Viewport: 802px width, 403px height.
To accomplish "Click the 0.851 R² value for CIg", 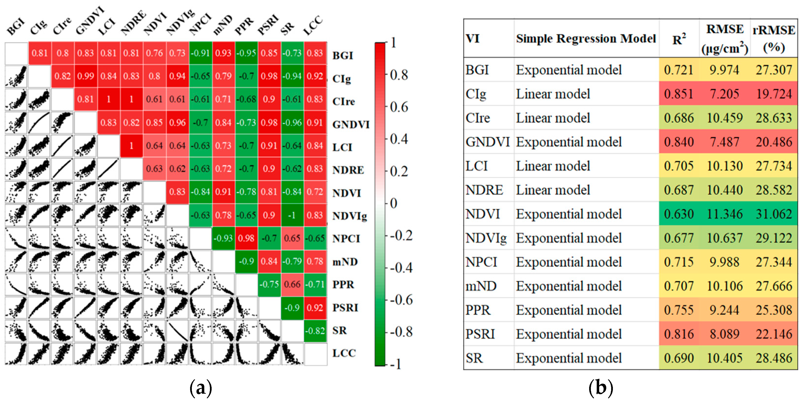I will (678, 94).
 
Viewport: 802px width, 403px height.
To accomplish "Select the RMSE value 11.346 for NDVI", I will (724, 214).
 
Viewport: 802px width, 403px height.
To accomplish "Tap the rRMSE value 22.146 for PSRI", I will (774, 334).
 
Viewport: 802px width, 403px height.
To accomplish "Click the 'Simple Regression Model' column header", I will (586, 39).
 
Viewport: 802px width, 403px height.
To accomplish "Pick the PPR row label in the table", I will (478, 310).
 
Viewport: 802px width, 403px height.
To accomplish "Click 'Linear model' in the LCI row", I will (553, 166).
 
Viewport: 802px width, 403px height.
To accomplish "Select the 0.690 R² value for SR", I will (678, 358).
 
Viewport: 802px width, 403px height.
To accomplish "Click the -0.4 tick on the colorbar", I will (401, 268).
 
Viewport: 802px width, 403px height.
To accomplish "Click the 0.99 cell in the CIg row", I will (86, 76).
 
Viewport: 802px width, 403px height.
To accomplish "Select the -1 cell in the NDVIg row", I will (292, 215).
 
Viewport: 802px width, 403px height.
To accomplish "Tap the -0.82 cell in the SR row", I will (315, 331).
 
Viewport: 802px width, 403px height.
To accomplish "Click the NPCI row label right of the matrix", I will (346, 238).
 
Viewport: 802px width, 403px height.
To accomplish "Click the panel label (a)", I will (201, 388).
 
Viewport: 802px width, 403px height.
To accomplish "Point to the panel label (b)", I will (601, 388).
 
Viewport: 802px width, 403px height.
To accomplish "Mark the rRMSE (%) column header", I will (774, 39).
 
